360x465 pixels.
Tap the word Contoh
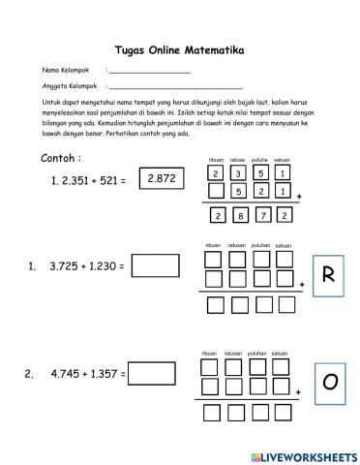(61, 158)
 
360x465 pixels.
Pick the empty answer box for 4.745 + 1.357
(157, 373)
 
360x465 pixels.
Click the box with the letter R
(327, 275)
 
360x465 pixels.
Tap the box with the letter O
(329, 384)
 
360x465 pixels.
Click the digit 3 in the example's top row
(238, 173)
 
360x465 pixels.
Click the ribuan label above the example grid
(216, 160)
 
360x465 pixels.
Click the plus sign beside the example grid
(299, 197)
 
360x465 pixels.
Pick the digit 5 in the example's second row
(238, 192)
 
